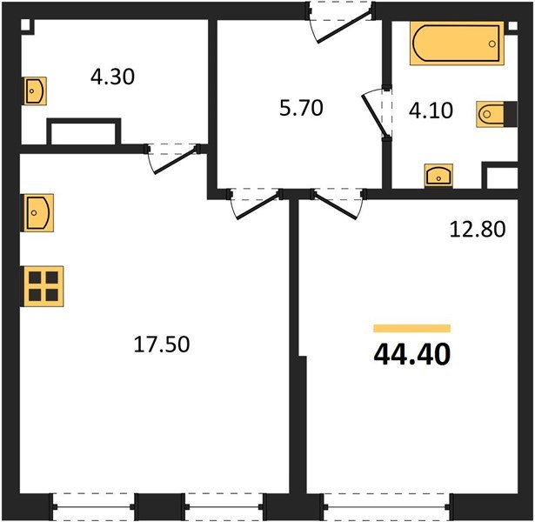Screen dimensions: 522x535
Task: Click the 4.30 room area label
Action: point(113,76)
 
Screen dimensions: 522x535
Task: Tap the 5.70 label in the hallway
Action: point(300,110)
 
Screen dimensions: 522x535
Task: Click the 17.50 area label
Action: point(160,344)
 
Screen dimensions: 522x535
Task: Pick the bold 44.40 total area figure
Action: point(412,355)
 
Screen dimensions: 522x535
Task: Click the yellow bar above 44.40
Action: point(411,328)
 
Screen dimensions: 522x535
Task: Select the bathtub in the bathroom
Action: point(457,43)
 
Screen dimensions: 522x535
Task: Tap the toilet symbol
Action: point(489,114)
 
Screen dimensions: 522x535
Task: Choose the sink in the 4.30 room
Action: point(35,90)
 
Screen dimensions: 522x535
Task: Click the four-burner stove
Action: point(41,285)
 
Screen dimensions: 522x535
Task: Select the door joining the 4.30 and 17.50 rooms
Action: point(174,157)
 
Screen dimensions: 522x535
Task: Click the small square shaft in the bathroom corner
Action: point(499,178)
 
